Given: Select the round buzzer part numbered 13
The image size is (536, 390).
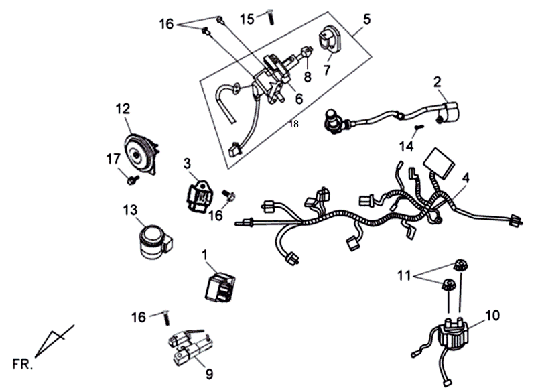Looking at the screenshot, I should click(x=151, y=240).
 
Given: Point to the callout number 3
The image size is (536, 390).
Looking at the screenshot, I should click(x=187, y=163).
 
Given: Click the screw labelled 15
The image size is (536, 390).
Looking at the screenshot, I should click(x=271, y=17).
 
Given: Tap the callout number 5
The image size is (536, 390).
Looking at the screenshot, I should click(x=366, y=19).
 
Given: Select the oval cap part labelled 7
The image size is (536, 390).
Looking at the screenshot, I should click(x=330, y=38).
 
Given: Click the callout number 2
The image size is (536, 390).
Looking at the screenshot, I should click(x=437, y=82).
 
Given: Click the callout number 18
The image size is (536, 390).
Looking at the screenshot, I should click(x=295, y=124).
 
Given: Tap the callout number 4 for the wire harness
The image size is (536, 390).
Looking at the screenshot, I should click(x=465, y=178).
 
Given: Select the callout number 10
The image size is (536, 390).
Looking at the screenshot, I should click(x=492, y=313).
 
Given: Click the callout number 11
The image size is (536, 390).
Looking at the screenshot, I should click(x=403, y=275).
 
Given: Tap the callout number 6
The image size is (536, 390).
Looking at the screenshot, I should click(x=299, y=99).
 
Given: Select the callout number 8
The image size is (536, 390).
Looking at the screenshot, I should click(x=307, y=76).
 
